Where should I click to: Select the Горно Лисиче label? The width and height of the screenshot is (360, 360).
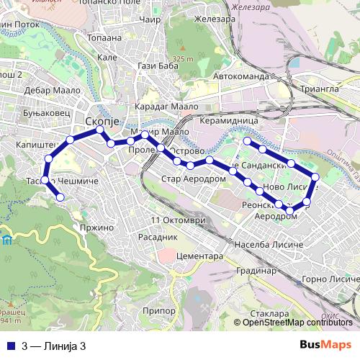328,279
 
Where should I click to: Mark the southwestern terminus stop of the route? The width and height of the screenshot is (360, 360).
60,197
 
